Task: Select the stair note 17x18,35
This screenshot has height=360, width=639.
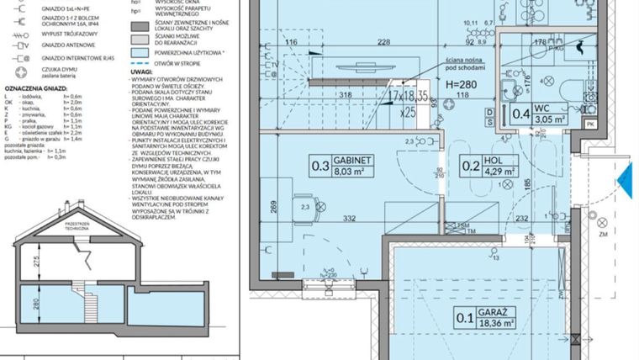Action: click(409, 98)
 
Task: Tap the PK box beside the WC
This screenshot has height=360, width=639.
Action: click(589, 125)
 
